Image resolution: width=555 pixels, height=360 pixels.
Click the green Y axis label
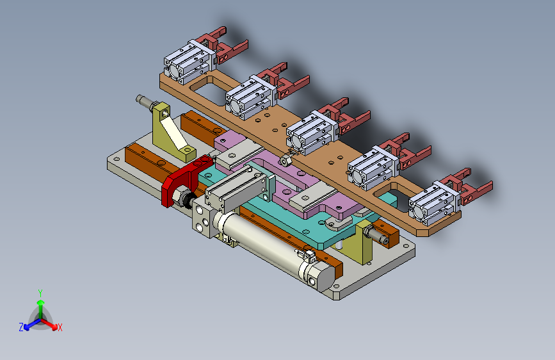(40, 293)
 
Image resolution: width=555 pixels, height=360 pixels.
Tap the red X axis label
(60, 327)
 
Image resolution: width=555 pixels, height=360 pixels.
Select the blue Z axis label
(21, 327)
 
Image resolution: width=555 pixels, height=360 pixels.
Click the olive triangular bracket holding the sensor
(171, 132)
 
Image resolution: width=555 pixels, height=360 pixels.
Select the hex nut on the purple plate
(286, 161)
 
